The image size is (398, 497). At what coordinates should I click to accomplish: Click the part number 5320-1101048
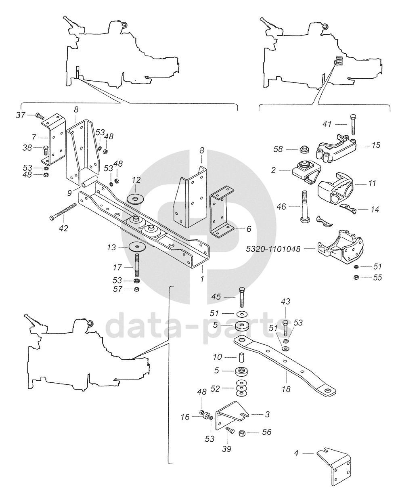pyautogui.click(x=273, y=250)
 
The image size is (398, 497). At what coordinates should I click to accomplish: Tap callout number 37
pyautogui.click(x=21, y=115)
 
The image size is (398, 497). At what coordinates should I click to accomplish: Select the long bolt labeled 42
pyautogui.click(x=63, y=212)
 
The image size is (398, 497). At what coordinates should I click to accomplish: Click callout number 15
pyautogui.click(x=376, y=145)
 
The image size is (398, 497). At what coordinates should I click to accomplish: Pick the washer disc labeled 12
pyautogui.click(x=136, y=199)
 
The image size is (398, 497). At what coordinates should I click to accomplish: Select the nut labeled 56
pyautogui.click(x=243, y=432)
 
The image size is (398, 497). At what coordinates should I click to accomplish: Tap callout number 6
pyautogui.click(x=249, y=229)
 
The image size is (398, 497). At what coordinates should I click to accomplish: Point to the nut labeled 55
pyautogui.click(x=356, y=277)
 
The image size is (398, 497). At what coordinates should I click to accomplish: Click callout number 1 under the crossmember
pyautogui.click(x=201, y=279)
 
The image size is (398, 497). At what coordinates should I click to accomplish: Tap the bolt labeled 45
pyautogui.click(x=241, y=297)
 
